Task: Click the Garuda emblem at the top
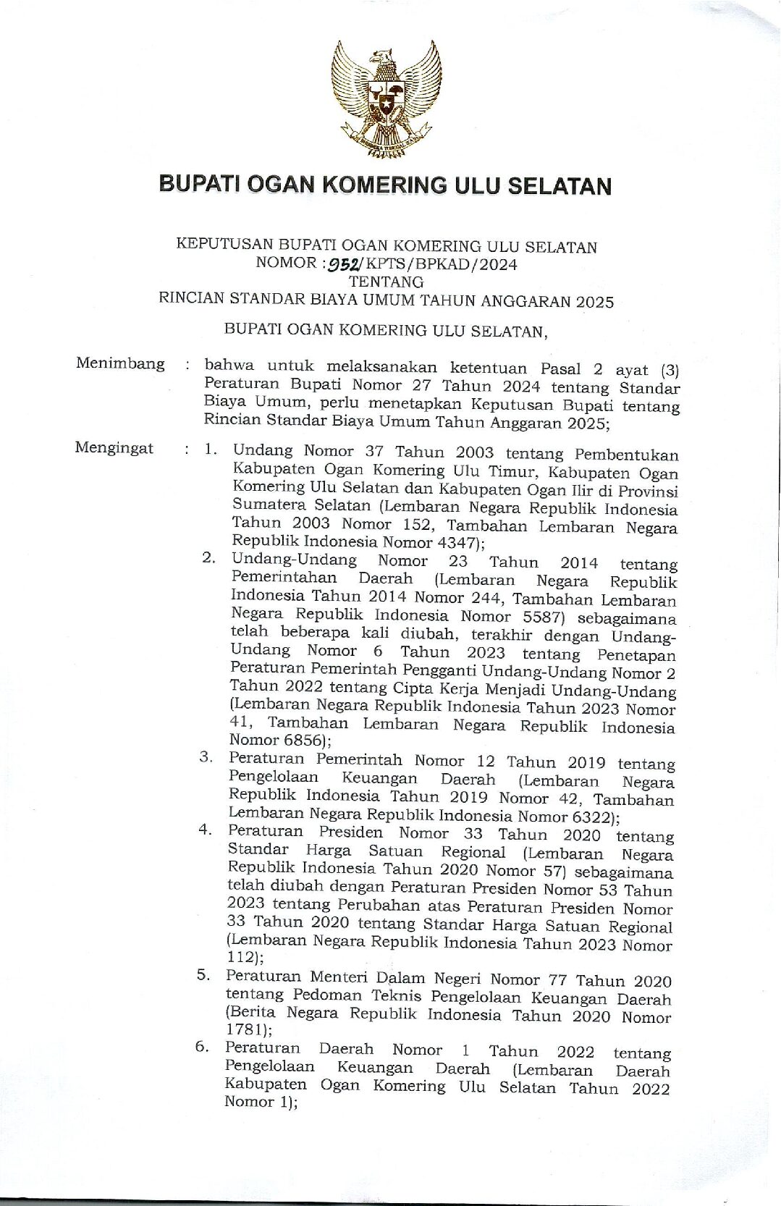point(385,101)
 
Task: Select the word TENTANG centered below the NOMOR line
point(387,282)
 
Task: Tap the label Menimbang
point(120,364)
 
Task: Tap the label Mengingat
point(114,449)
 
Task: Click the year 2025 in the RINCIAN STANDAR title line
point(595,302)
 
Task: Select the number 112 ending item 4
point(241,957)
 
